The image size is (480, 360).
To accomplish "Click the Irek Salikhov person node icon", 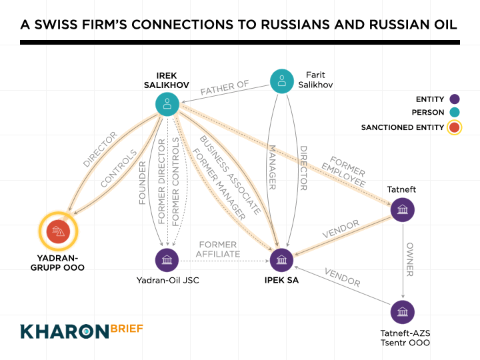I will tap(167, 103).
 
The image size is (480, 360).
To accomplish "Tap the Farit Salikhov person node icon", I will tap(282, 81).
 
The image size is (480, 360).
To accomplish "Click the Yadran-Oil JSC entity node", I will tap(166, 259).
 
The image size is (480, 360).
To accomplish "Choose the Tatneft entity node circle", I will tap(402, 211).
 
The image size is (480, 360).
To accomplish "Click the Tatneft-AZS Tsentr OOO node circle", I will tap(402, 312).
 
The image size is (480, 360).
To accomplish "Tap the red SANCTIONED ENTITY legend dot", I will tap(455, 127).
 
